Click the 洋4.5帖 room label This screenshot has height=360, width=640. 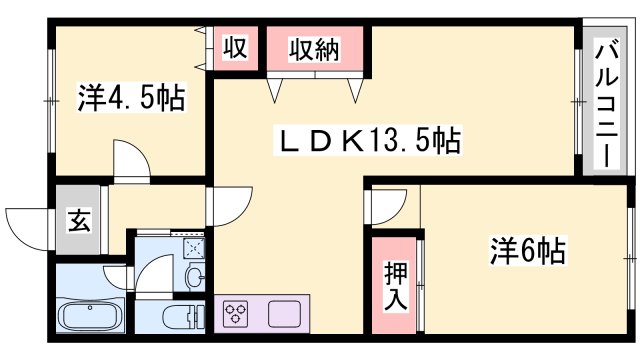click(130, 99)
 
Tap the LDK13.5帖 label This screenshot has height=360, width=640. click(367, 142)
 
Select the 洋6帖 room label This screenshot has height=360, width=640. click(528, 250)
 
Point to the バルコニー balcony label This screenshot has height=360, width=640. click(606, 103)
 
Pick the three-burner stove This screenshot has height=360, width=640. click(238, 314)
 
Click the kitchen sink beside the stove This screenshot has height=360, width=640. click(283, 313)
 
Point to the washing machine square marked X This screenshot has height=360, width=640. click(193, 246)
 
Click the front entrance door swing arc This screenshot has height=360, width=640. click(27, 222)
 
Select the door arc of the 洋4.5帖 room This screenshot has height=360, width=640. click(130, 160)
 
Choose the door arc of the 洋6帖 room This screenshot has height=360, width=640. click(386, 208)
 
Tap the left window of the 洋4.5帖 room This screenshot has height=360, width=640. click(49, 100)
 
